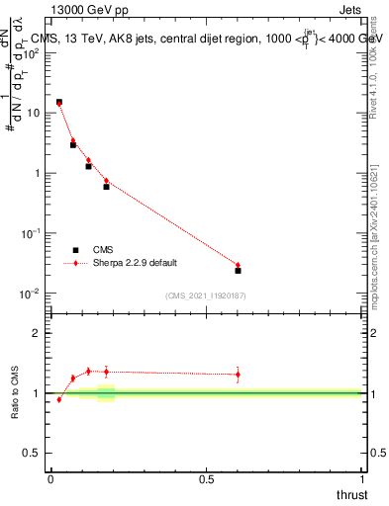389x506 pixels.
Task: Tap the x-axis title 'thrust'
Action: [350, 494]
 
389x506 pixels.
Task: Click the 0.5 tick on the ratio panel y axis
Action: [34, 454]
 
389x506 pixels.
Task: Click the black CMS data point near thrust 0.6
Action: [238, 270]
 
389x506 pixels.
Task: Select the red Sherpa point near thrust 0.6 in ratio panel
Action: [238, 375]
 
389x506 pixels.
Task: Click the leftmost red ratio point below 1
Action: [58, 399]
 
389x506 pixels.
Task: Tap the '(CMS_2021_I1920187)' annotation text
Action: [206, 295]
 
